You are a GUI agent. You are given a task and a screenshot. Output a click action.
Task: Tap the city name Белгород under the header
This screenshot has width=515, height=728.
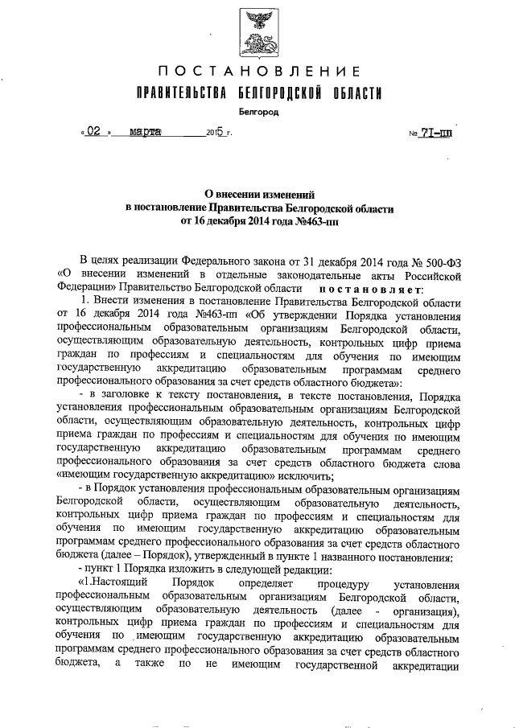coord(257,113)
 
